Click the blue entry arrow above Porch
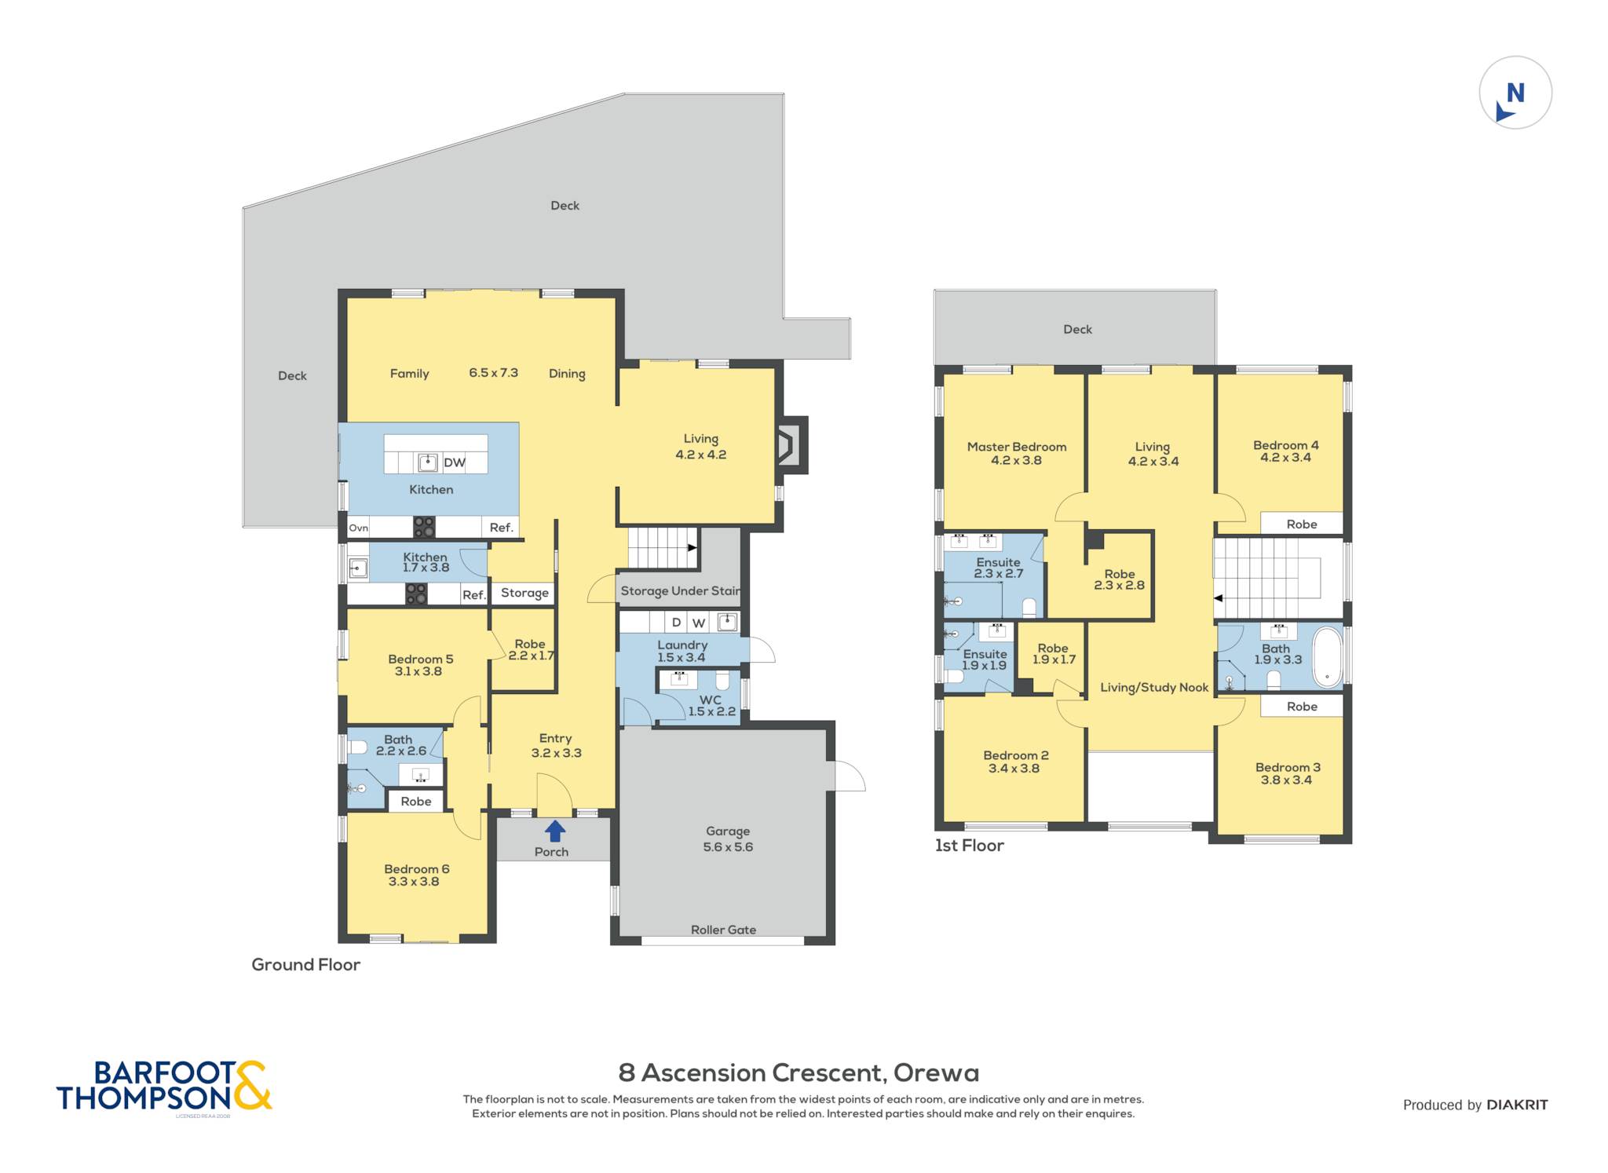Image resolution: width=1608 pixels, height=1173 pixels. [555, 831]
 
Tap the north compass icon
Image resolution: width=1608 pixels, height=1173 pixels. [1515, 93]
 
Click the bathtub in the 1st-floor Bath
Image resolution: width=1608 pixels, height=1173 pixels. [1328, 657]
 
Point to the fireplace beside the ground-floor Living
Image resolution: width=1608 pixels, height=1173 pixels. [791, 445]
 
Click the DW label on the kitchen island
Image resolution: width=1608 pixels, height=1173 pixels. [455, 462]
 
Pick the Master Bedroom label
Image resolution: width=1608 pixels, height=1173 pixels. [1017, 447]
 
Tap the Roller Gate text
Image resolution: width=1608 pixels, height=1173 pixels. [723, 930]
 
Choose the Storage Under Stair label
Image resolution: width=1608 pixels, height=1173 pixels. [681, 591]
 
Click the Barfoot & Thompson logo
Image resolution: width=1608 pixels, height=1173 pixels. [164, 1087]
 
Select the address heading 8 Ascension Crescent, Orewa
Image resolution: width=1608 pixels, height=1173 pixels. [799, 1073]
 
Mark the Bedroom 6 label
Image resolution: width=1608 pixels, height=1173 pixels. [416, 869]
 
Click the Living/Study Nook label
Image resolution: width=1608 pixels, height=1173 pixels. [1154, 688]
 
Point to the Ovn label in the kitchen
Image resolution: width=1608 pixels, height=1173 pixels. [358, 528]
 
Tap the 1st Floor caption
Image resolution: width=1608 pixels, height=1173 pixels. [969, 846]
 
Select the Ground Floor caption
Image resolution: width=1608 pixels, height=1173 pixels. [305, 965]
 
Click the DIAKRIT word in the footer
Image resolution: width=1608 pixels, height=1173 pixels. [1517, 1105]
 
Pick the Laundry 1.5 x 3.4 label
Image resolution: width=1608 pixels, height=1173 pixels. [682, 652]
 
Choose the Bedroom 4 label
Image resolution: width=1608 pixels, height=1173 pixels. [1286, 445]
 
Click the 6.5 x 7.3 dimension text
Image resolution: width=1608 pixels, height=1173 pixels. [493, 373]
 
